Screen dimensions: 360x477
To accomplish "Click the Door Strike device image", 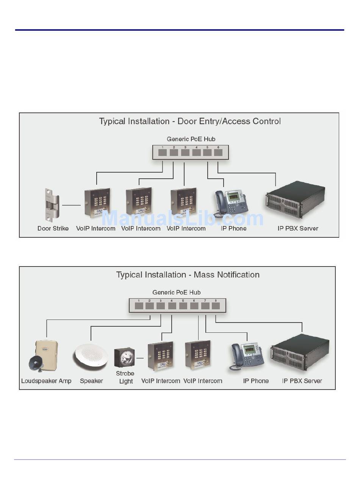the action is pos(52,205).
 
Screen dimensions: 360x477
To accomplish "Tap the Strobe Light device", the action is pos(124,357).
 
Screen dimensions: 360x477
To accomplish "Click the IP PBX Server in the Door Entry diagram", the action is pos(295,200).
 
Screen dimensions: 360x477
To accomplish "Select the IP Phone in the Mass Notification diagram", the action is pos(247,356).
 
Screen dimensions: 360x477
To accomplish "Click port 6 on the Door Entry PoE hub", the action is pos(218,153).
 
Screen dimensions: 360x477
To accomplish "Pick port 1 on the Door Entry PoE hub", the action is pos(163,153).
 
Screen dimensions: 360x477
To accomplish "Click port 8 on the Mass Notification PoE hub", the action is pos(216,306).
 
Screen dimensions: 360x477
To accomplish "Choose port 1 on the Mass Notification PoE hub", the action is pos(139,306).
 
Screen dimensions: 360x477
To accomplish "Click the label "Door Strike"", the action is pos(53,228).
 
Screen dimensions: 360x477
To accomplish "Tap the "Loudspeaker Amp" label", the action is pos(46,381).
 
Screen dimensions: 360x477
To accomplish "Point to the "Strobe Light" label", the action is pos(126,377).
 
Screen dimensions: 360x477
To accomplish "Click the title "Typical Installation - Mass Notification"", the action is pos(188,275).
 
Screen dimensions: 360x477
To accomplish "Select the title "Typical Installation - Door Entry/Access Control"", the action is pos(190,122).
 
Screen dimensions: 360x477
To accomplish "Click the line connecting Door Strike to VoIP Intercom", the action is pos(71,205).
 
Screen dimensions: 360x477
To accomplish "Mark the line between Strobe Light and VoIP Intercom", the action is pos(140,358).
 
